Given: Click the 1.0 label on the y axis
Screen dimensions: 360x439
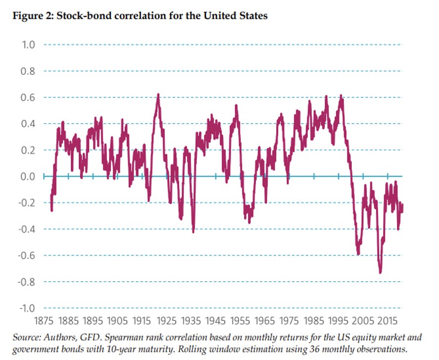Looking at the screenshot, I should (x=28, y=45).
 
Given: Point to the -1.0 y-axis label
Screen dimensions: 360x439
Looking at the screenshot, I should (x=27, y=308).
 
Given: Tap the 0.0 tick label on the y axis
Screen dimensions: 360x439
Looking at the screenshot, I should (x=28, y=177).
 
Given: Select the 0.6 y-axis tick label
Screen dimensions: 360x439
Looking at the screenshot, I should (x=28, y=98).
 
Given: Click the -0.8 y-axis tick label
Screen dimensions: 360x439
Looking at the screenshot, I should (x=27, y=282).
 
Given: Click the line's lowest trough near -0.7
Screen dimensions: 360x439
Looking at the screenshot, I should (x=380, y=272).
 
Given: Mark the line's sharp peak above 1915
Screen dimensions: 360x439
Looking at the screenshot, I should (x=158, y=95).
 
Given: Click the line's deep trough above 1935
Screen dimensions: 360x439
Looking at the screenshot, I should (x=193, y=231).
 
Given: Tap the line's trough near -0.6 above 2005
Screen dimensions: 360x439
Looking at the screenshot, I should (x=358, y=254).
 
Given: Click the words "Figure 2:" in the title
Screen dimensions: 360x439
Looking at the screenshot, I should (x=34, y=16).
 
